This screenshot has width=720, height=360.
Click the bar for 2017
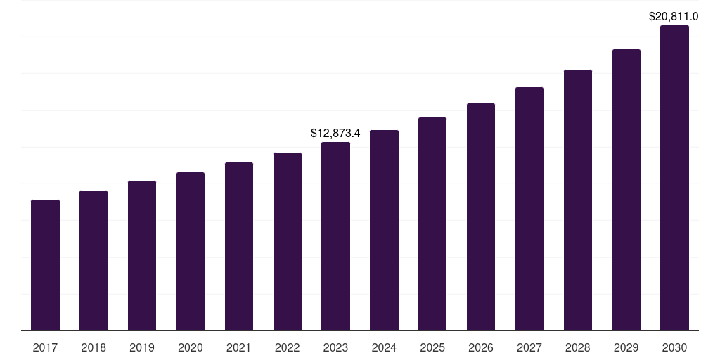45,265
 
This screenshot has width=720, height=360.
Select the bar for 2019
142,255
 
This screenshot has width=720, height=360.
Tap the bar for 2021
239,246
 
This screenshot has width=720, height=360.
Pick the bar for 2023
335,236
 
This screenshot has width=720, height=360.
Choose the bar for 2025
432,224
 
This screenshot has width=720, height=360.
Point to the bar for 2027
529,209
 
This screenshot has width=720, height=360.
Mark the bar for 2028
578,200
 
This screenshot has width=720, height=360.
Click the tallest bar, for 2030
674,178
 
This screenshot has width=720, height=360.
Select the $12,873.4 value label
335,133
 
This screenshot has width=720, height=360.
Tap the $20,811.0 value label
674,16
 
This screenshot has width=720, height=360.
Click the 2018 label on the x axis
94,347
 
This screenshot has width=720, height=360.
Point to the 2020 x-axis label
191,347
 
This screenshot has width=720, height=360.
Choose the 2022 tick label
288,347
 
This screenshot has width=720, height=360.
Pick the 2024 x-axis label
384,347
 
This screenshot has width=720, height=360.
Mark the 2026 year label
481,347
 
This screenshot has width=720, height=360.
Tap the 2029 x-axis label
626,347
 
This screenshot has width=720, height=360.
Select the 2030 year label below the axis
674,347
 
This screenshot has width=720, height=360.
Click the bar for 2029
626,190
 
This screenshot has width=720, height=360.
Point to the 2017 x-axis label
45,347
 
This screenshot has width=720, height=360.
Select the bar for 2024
384,230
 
